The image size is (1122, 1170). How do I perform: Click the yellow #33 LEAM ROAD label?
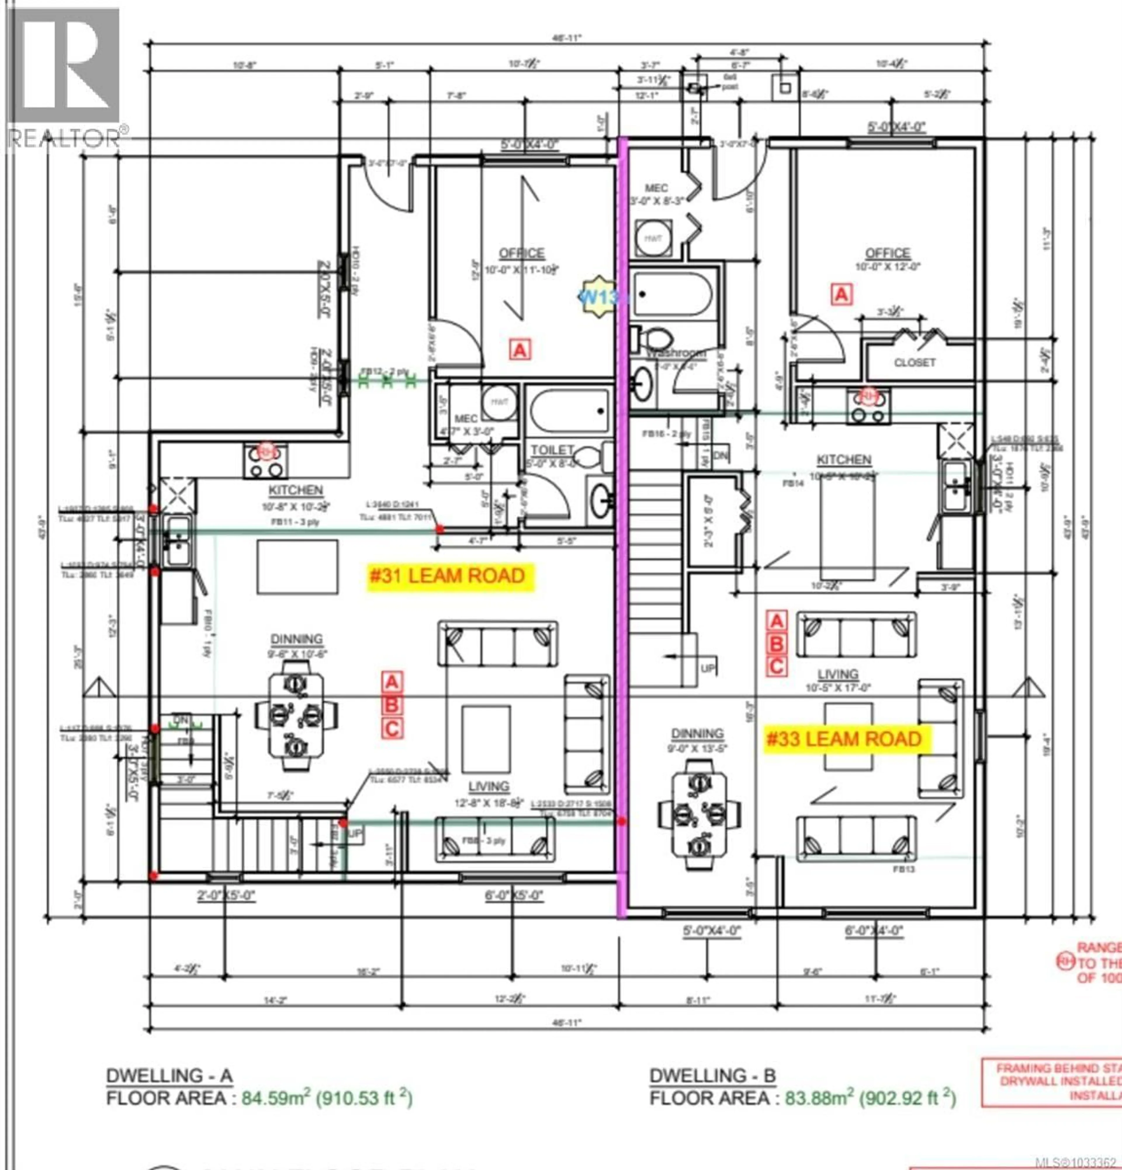click(844, 739)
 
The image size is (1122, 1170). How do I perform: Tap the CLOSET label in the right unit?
click(914, 362)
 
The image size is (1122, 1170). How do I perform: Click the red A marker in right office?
click(841, 294)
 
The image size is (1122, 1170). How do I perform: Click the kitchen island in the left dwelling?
click(297, 567)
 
